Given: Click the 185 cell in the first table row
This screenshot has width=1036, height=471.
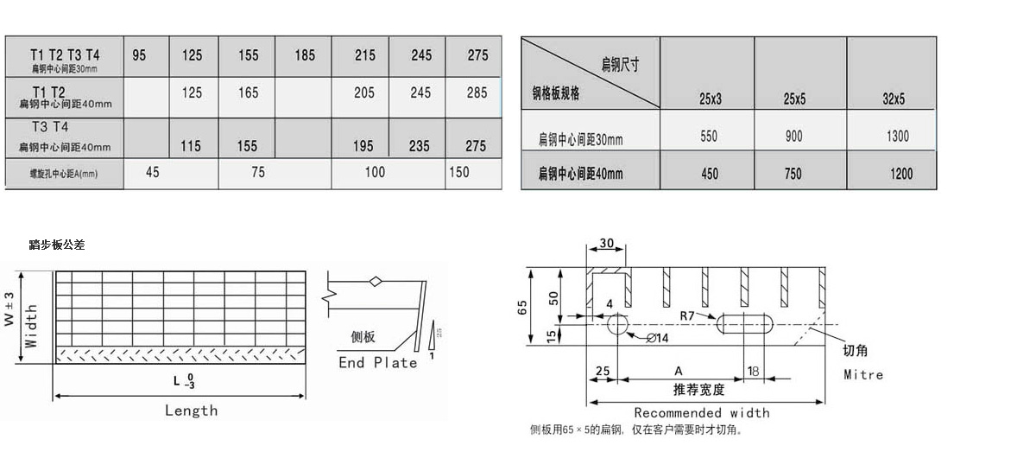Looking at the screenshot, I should [305, 55].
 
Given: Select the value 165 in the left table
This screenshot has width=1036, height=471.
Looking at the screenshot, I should [249, 92].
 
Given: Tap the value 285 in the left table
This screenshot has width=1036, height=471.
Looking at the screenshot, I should [477, 92].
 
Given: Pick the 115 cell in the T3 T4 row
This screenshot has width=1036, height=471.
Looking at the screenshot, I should [191, 147].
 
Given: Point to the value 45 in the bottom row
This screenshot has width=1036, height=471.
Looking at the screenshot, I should [152, 172].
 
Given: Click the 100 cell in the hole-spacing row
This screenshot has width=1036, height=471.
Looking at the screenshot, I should [375, 172].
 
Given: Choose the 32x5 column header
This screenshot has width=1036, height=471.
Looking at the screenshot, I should [894, 99].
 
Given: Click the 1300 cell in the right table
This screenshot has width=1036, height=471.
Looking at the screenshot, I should [897, 137].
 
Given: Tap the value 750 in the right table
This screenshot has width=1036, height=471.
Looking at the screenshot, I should [793, 174].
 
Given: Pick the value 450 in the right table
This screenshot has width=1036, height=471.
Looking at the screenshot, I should [710, 174].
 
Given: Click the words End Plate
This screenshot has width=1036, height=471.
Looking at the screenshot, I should [377, 363].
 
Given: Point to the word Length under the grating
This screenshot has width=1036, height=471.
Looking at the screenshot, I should [191, 411].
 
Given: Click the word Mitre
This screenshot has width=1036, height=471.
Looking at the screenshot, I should [863, 375].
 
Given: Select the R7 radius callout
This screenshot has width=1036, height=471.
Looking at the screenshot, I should [687, 316].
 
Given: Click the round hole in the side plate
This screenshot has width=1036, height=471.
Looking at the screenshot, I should [618, 324].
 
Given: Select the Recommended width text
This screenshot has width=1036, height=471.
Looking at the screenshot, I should [701, 413].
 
